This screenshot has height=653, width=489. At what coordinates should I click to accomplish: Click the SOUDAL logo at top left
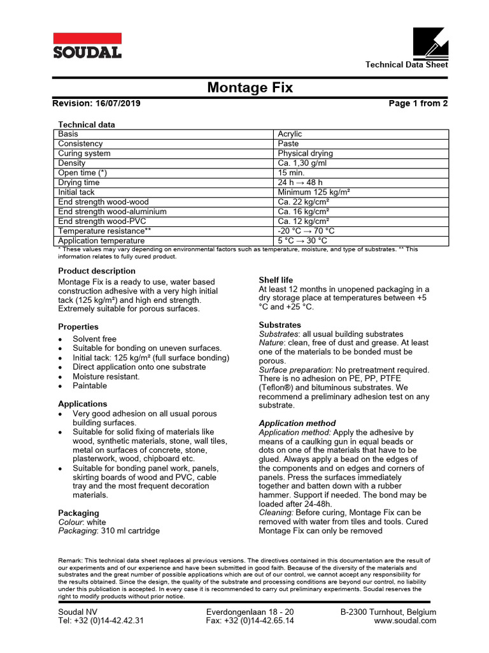[x=87, y=46]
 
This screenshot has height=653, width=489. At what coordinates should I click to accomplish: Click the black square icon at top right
[x=430, y=43]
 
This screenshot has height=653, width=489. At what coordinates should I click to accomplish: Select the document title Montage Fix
[x=250, y=88]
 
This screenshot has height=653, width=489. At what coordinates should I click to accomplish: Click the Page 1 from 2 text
[x=418, y=104]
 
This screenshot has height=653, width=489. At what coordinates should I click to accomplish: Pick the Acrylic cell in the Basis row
[x=290, y=134]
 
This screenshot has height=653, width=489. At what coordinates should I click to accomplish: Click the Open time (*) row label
[x=83, y=173]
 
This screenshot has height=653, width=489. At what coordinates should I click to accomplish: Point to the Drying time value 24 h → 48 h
[x=300, y=182]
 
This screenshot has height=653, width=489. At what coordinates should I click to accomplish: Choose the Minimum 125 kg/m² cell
[x=315, y=192]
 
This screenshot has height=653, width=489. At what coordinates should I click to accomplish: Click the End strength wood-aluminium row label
[x=112, y=212]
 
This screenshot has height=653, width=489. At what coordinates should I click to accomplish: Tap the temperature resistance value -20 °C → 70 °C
[x=306, y=231]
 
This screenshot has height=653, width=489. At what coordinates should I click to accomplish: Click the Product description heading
[x=96, y=271]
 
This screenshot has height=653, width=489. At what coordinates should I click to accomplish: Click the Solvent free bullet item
[x=94, y=339]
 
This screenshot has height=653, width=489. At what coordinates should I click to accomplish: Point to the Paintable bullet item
[x=90, y=386]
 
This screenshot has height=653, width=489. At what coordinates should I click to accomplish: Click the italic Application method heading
[x=297, y=423]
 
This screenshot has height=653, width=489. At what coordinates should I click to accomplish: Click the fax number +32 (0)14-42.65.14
[x=250, y=620]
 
